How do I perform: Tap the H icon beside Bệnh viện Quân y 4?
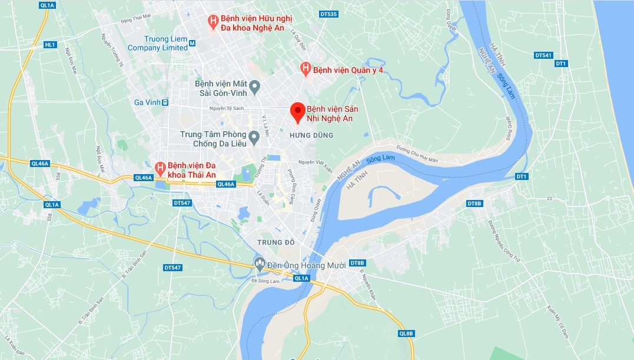(306, 69)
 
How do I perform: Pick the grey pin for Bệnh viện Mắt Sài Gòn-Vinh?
(254, 87)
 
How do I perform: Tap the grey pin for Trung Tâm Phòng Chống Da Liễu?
(254, 138)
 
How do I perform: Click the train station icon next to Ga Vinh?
(165, 102)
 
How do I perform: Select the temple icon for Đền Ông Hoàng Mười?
(259, 263)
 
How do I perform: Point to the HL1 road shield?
(50, 45)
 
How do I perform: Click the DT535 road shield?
(328, 14)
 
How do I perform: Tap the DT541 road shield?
(543, 55)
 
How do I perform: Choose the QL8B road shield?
(406, 334)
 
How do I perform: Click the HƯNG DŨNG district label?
(311, 135)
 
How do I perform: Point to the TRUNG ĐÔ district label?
(275, 242)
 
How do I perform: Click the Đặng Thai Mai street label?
(136, 21)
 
